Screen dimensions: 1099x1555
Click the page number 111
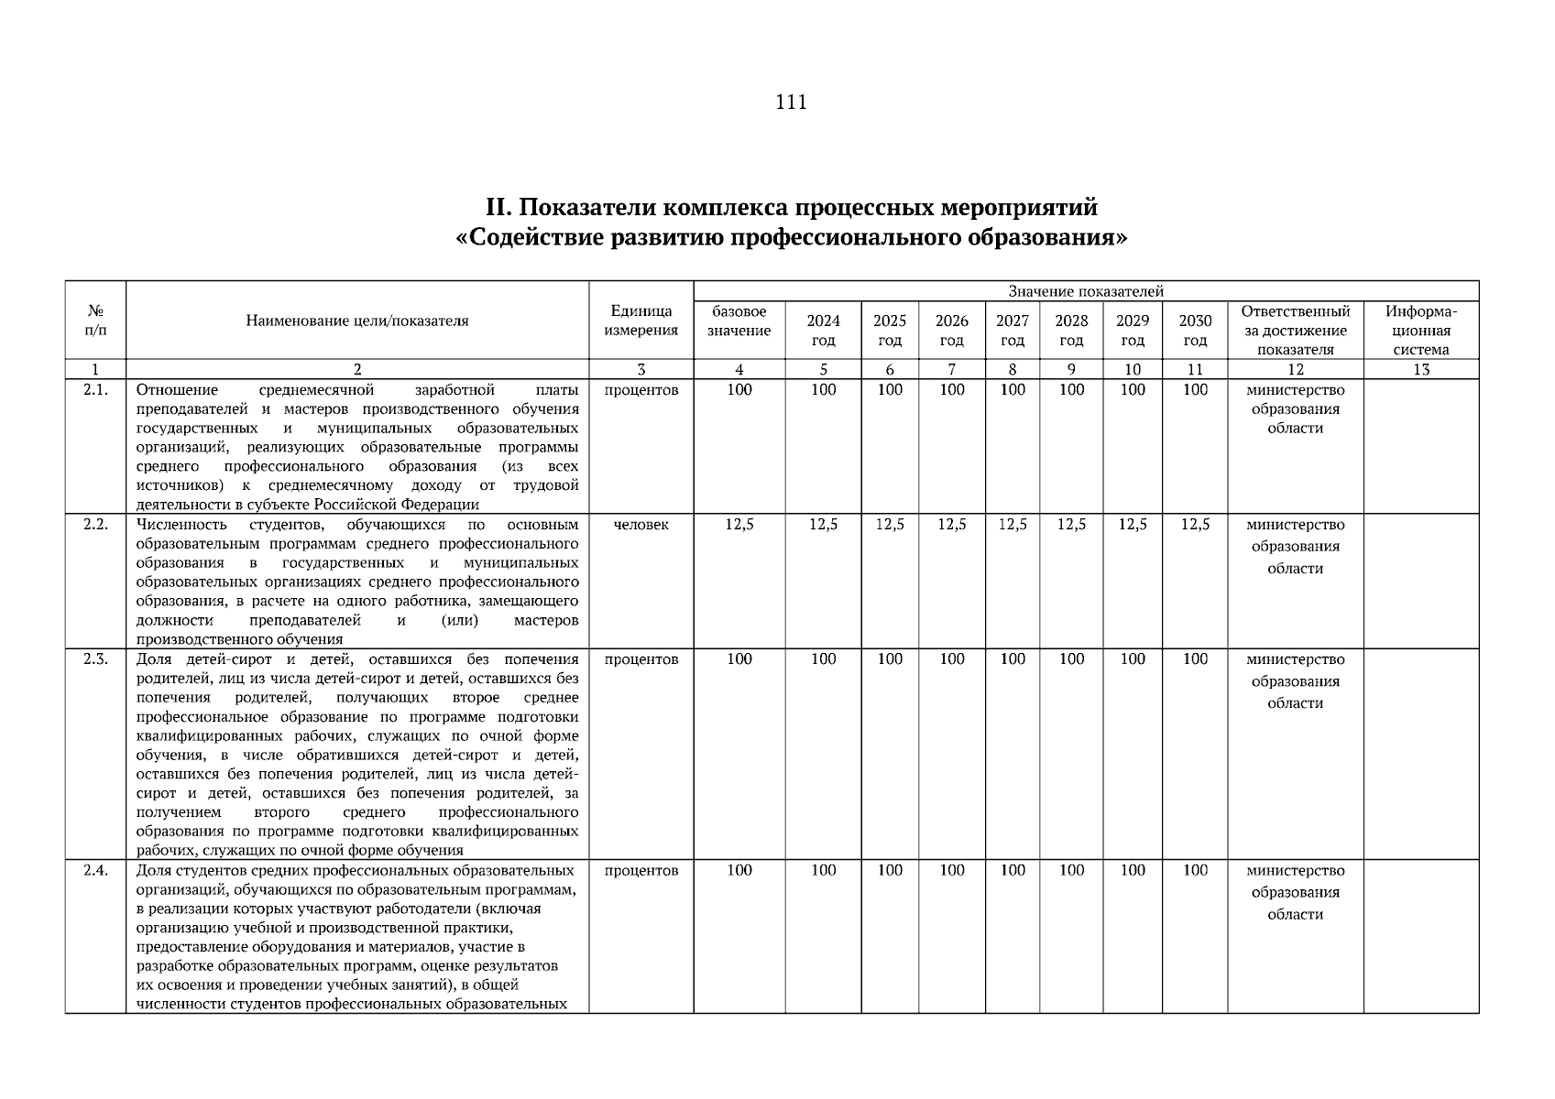[791, 102]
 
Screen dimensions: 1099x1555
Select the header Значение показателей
[1086, 291]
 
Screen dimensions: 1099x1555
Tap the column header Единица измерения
[641, 321]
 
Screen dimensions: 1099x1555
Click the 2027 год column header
[1012, 330]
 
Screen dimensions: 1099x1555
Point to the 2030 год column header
[1194, 330]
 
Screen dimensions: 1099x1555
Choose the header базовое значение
[739, 321]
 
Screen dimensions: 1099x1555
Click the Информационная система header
[1420, 330]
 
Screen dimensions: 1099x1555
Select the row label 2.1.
[95, 390]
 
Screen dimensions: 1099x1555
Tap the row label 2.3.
[95, 659]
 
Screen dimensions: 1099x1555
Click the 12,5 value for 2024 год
[823, 525]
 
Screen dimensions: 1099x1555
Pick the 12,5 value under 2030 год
[1194, 525]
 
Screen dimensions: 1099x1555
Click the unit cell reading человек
[641, 525]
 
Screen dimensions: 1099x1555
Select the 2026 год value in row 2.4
[951, 871]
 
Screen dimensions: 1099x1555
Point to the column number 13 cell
[1420, 370]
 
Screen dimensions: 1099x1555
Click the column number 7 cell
[951, 370]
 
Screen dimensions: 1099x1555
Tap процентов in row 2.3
[641, 659]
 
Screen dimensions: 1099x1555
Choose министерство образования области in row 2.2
[1295, 547]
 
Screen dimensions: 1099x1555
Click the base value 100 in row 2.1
[739, 390]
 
